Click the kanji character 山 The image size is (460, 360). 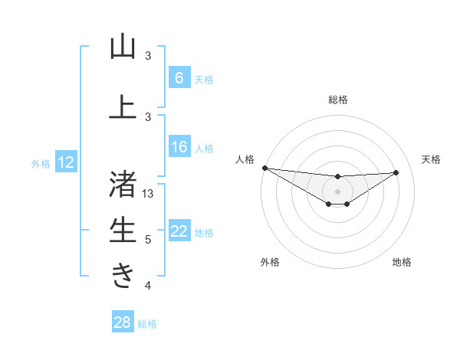tap(123, 47)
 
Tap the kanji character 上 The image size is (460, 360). tap(123, 106)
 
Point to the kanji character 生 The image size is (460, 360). tap(123, 230)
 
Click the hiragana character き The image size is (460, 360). tap(123, 274)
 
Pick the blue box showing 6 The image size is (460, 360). tap(179, 77)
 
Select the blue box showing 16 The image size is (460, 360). tap(179, 148)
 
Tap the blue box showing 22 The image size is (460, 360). tap(179, 231)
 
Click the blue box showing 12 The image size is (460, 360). tap(66, 162)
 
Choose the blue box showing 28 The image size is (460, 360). tap(123, 322)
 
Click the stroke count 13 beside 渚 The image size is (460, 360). tap(148, 194)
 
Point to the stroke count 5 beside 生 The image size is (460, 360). tap(148, 240)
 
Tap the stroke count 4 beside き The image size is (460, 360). tap(148, 286)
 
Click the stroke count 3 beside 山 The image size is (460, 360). tap(148, 56)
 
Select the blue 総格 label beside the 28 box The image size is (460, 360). tap(147, 324)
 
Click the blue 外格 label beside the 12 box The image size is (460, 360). tap(41, 163)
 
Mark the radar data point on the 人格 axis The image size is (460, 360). tap(264, 168)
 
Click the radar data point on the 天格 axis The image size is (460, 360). tap(396, 172)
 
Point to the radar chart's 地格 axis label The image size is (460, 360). tap(402, 263)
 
